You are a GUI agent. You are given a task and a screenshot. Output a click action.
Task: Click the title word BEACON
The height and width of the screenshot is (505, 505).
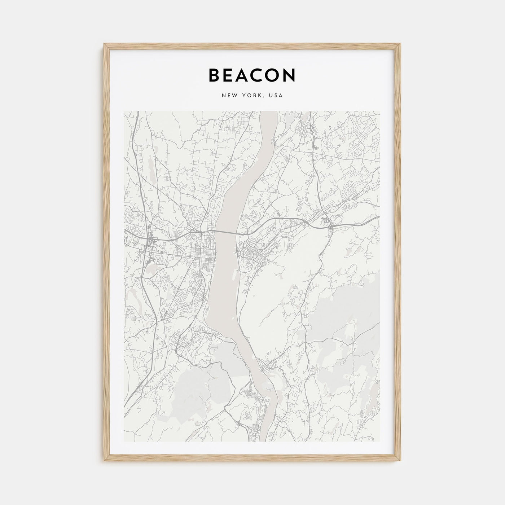tap(252, 75)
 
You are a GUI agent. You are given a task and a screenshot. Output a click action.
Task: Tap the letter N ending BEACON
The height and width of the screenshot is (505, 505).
tap(290, 75)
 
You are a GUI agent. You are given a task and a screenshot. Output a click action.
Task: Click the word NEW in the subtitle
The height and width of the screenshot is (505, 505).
tap(229, 96)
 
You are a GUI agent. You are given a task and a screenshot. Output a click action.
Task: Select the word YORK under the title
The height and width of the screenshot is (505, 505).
tap(251, 96)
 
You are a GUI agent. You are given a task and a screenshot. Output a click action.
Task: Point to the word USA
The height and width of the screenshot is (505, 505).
tap(276, 96)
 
